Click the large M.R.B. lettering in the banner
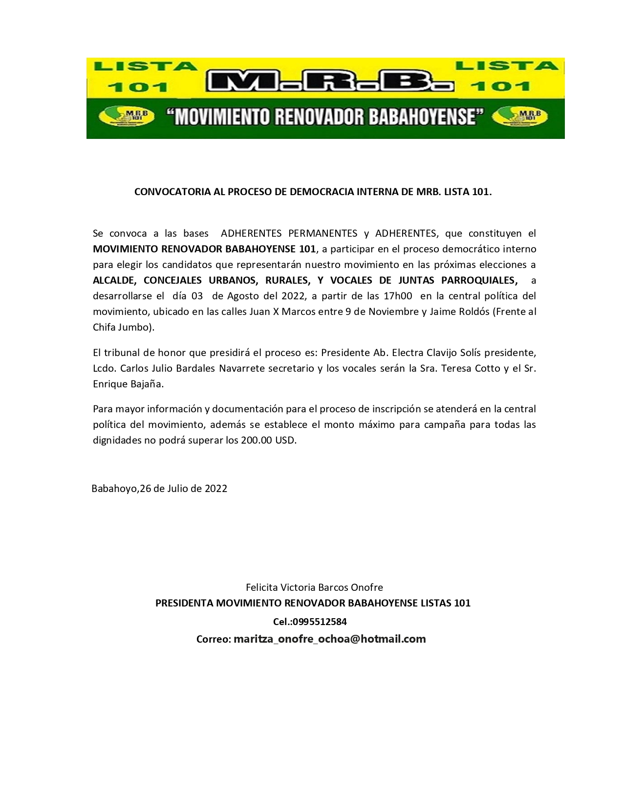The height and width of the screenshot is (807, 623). pyautogui.click(x=330, y=81)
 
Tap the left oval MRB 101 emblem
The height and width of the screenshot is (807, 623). pyautogui.click(x=127, y=117)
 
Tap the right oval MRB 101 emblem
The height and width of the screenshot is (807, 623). pyautogui.click(x=519, y=117)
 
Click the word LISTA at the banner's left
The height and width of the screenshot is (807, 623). pyautogui.click(x=146, y=66)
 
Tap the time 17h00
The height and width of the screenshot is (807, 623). pyautogui.click(x=398, y=296)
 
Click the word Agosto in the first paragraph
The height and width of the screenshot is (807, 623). pyautogui.click(x=243, y=296)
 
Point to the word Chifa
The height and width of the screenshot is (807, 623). pyautogui.click(x=104, y=327)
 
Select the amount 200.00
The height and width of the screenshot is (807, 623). pyautogui.click(x=256, y=440)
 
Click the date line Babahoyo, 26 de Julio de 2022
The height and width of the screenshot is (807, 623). pyautogui.click(x=159, y=489)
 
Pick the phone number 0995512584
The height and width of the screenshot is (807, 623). pyautogui.click(x=320, y=622)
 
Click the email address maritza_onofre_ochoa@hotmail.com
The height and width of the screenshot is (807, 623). pyautogui.click(x=330, y=639)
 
